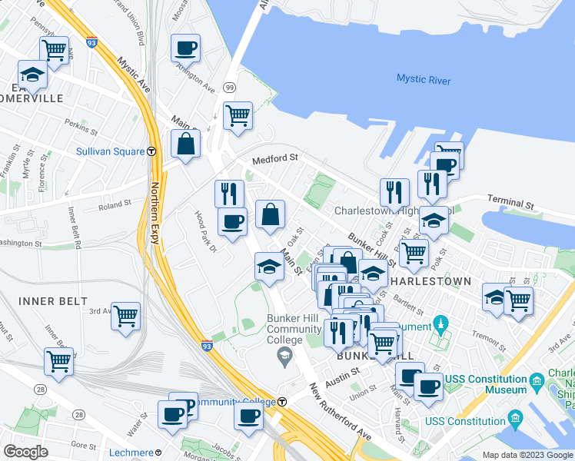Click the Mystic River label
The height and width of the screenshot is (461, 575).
[x=424, y=79]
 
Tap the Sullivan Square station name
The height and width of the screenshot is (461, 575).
[x=111, y=151]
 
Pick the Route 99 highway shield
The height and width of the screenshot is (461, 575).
[x=229, y=89]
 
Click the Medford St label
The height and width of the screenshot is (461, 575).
[x=277, y=158]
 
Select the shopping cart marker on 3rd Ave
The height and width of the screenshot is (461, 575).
[x=125, y=316]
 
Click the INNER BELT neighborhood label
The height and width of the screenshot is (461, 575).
[x=52, y=300]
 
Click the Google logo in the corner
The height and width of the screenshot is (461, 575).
[x=25, y=452]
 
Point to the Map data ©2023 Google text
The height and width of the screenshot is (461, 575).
[x=527, y=455]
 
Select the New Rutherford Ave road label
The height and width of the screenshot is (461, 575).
[x=339, y=415]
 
